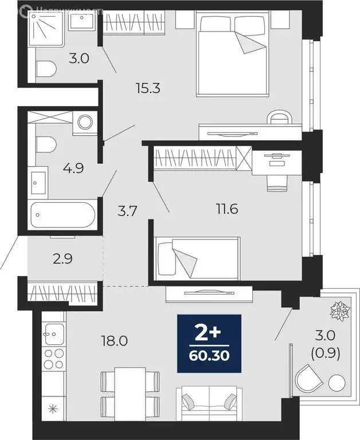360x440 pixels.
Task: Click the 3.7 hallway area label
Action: [126, 211]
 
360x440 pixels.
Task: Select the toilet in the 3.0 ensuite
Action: [46, 70]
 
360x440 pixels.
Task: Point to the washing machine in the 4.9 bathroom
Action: [85, 122]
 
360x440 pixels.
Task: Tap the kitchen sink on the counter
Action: [53, 332]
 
